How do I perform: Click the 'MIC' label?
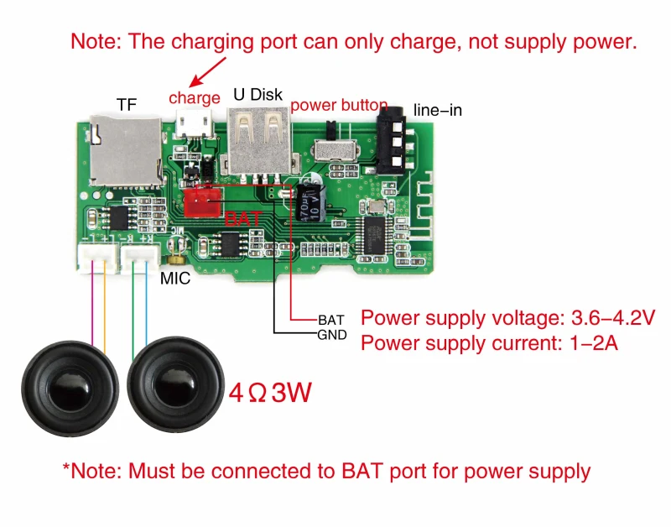point(175,278)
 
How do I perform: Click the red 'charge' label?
point(195,98)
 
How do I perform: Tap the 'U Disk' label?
point(257,94)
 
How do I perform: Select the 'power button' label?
point(339,106)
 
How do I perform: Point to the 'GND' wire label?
point(331,335)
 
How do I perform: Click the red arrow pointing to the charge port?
point(205,71)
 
